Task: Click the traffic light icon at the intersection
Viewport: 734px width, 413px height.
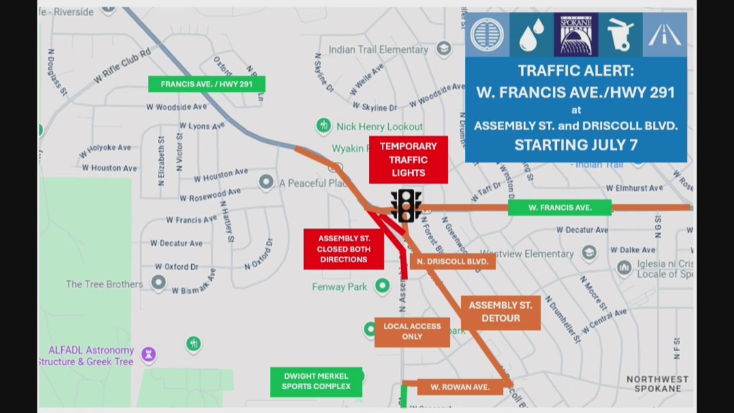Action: click(x=406, y=206)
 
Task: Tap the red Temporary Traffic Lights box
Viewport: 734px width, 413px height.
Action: click(x=408, y=160)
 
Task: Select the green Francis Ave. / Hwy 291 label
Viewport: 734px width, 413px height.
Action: click(x=207, y=84)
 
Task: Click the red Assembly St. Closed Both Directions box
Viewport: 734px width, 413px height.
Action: click(x=344, y=249)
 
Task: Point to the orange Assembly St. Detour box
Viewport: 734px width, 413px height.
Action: click(x=500, y=312)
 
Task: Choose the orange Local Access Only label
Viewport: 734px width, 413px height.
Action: click(x=412, y=331)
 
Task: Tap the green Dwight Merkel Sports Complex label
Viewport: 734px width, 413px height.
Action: click(x=315, y=381)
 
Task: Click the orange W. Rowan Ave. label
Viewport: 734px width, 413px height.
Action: click(x=460, y=387)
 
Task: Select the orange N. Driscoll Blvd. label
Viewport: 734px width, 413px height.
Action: click(x=453, y=262)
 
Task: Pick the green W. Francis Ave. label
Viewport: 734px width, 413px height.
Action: click(x=560, y=207)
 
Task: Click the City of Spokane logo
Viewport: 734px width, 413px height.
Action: click(x=576, y=34)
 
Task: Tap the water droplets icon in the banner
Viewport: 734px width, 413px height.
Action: click(x=532, y=34)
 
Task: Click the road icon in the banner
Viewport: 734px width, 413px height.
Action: click(x=664, y=34)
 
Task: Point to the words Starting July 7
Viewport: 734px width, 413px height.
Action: click(x=576, y=145)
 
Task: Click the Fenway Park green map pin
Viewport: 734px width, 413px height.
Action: click(x=383, y=285)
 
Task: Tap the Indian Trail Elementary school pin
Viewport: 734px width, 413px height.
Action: click(x=443, y=48)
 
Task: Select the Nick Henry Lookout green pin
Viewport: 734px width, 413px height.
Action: click(x=323, y=125)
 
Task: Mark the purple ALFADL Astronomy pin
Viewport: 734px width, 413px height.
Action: click(x=149, y=354)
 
